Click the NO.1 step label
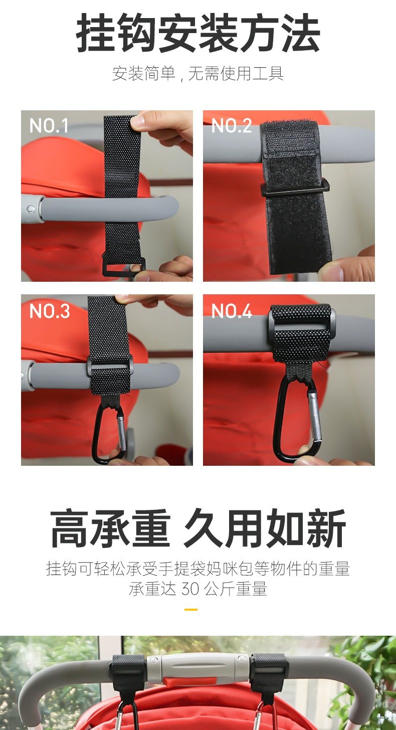[49, 125]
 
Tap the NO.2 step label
[232, 125]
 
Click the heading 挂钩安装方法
[198, 33]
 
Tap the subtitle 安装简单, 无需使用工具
[198, 73]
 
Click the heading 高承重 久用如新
[198, 527]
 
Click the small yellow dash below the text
[191, 610]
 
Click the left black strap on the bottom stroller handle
[126, 671]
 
